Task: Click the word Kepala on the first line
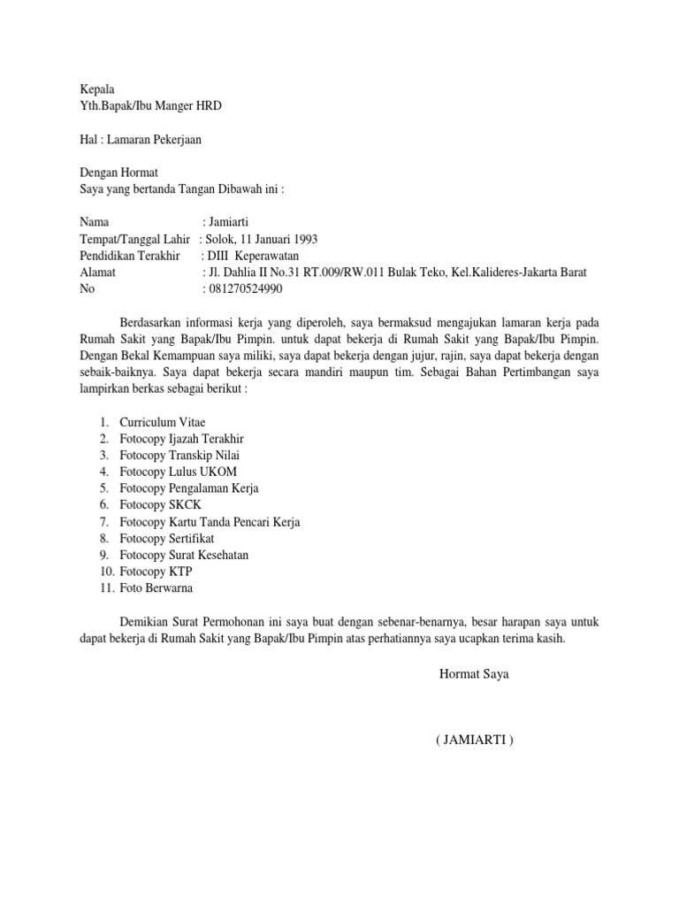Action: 97,89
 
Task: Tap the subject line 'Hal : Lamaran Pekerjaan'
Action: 146,139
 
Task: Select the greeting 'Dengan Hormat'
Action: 118,173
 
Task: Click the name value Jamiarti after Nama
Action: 235,222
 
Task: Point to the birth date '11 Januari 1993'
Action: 278,239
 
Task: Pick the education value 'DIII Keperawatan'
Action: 253,256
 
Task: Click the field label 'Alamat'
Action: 97,273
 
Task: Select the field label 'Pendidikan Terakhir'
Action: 129,256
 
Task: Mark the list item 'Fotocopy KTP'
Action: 156,572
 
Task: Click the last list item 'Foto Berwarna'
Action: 156,588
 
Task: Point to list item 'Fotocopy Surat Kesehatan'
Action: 184,555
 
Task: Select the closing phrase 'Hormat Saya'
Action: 474,674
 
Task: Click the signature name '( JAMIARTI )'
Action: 474,740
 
